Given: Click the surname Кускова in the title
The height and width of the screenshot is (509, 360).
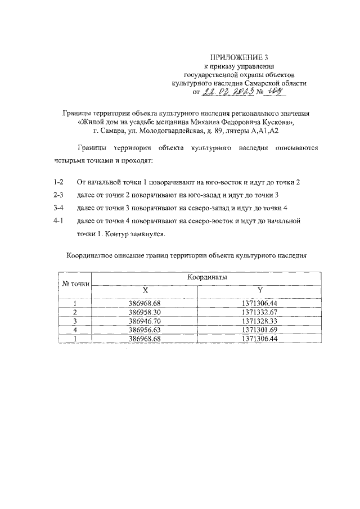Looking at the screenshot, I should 278,121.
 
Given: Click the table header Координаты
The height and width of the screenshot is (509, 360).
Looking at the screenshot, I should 203,277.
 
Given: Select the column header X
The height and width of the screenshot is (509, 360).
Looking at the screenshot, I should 145,290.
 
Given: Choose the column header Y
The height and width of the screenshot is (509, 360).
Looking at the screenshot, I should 259,290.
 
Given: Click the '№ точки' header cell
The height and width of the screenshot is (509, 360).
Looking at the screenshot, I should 75,283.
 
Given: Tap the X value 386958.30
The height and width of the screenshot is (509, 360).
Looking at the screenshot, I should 145,312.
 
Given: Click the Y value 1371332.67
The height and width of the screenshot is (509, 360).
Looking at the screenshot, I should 259,312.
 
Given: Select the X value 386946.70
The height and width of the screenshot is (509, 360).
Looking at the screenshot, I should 145,321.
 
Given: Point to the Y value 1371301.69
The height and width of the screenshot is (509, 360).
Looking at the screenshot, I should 259,330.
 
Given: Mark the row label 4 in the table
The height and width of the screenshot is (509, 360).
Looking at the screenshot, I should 75,330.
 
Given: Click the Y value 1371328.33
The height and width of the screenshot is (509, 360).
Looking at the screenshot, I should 259,321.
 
